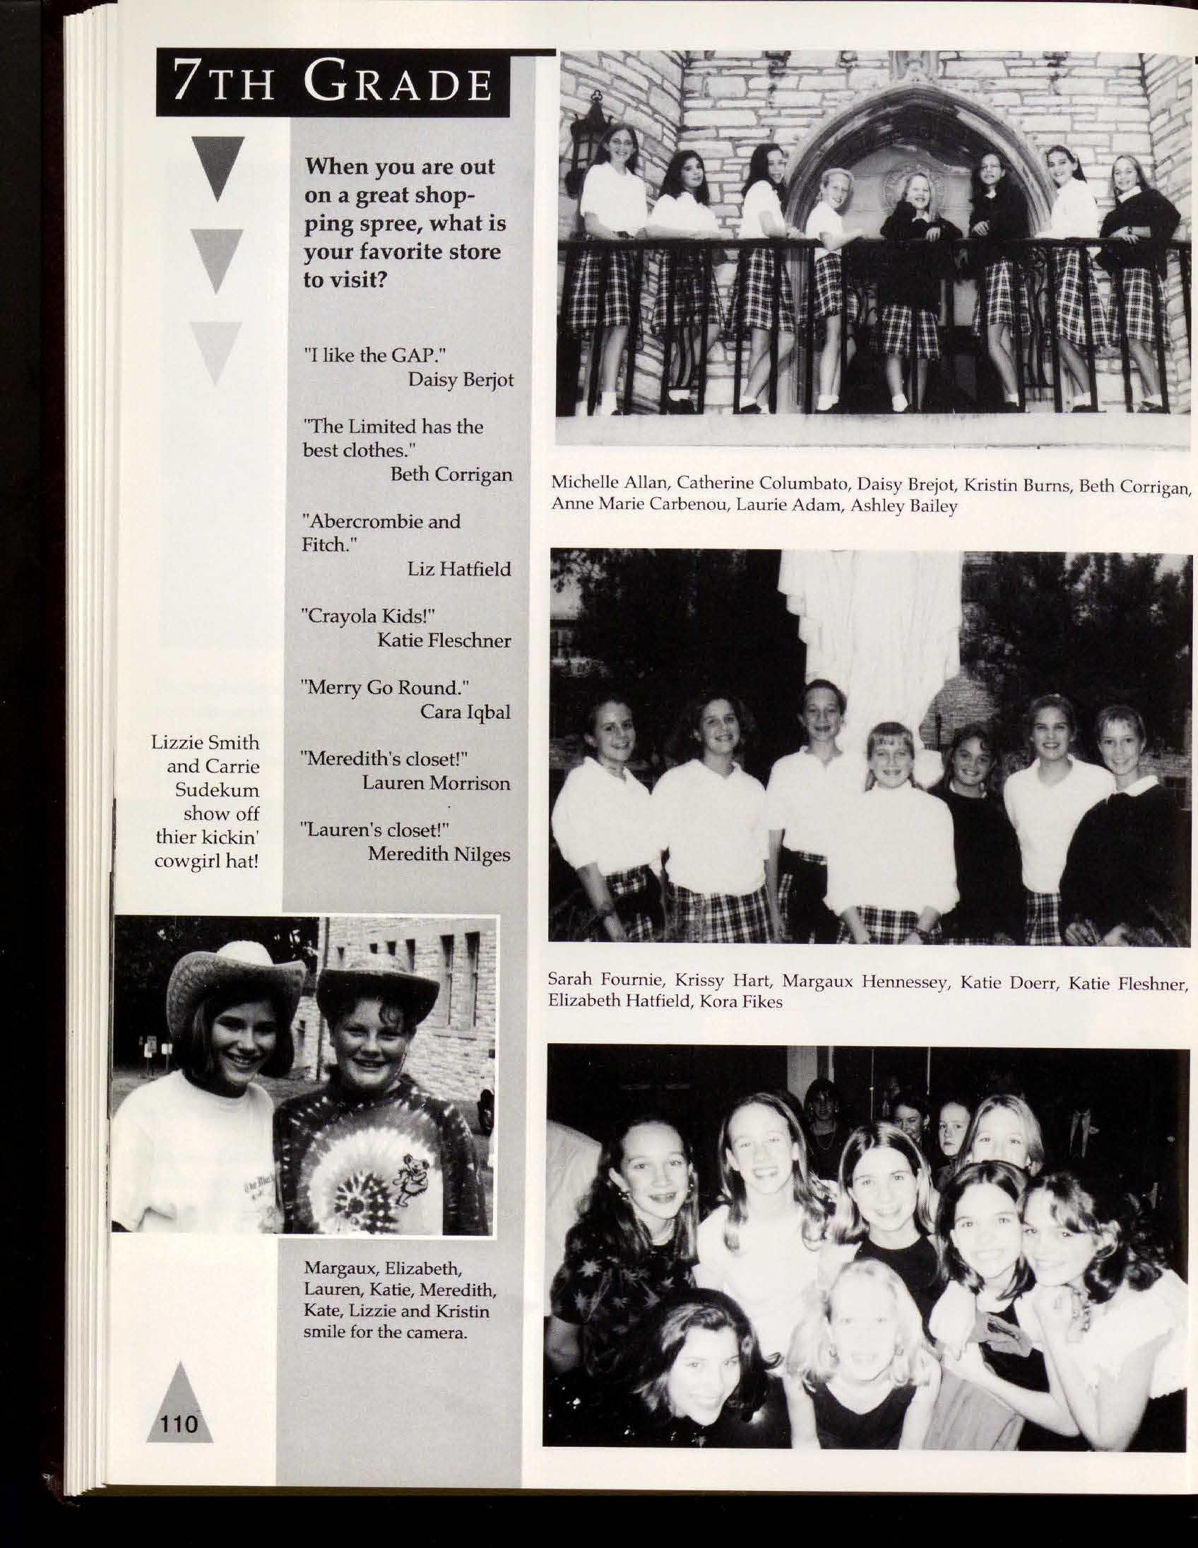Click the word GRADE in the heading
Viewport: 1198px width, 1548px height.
click(x=398, y=84)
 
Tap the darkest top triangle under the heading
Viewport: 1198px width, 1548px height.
click(x=217, y=167)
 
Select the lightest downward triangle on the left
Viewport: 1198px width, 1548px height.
click(x=216, y=352)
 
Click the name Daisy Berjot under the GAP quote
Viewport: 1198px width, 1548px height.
click(x=460, y=380)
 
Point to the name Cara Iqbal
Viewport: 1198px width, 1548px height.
click(x=465, y=712)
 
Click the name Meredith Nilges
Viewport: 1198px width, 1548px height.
click(x=439, y=854)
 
